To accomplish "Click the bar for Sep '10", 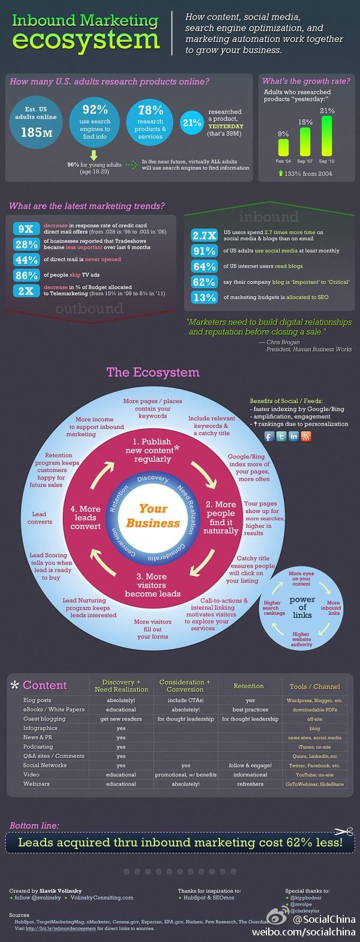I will click(327, 136).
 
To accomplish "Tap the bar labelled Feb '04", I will click(283, 148).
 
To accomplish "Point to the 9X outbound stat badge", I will click(26, 229).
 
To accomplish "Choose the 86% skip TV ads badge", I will click(26, 275).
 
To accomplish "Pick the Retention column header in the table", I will click(249, 686).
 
